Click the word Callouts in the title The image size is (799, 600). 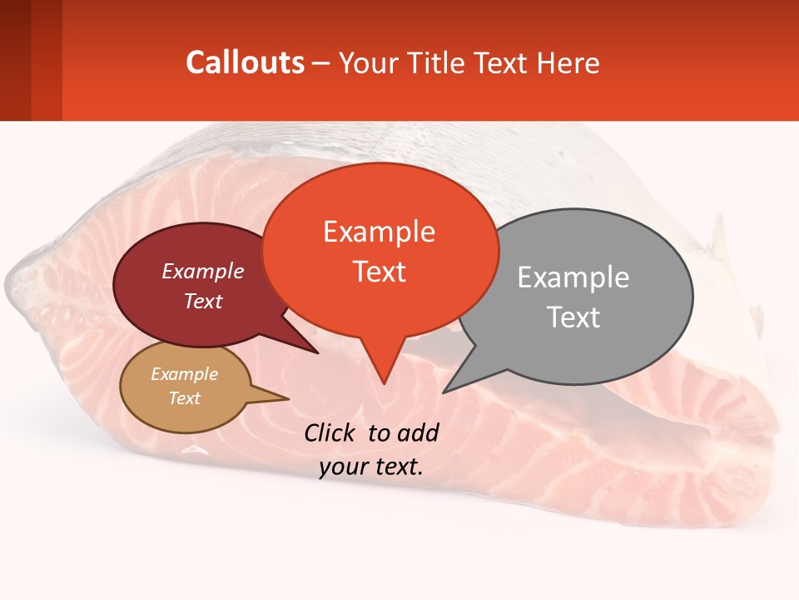245,62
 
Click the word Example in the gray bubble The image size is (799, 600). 573,277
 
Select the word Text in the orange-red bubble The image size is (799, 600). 380,272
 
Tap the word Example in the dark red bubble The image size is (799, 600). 203,272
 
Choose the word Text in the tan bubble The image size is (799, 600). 185,398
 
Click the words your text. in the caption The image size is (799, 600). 371,467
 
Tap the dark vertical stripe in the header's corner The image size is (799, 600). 15,60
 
